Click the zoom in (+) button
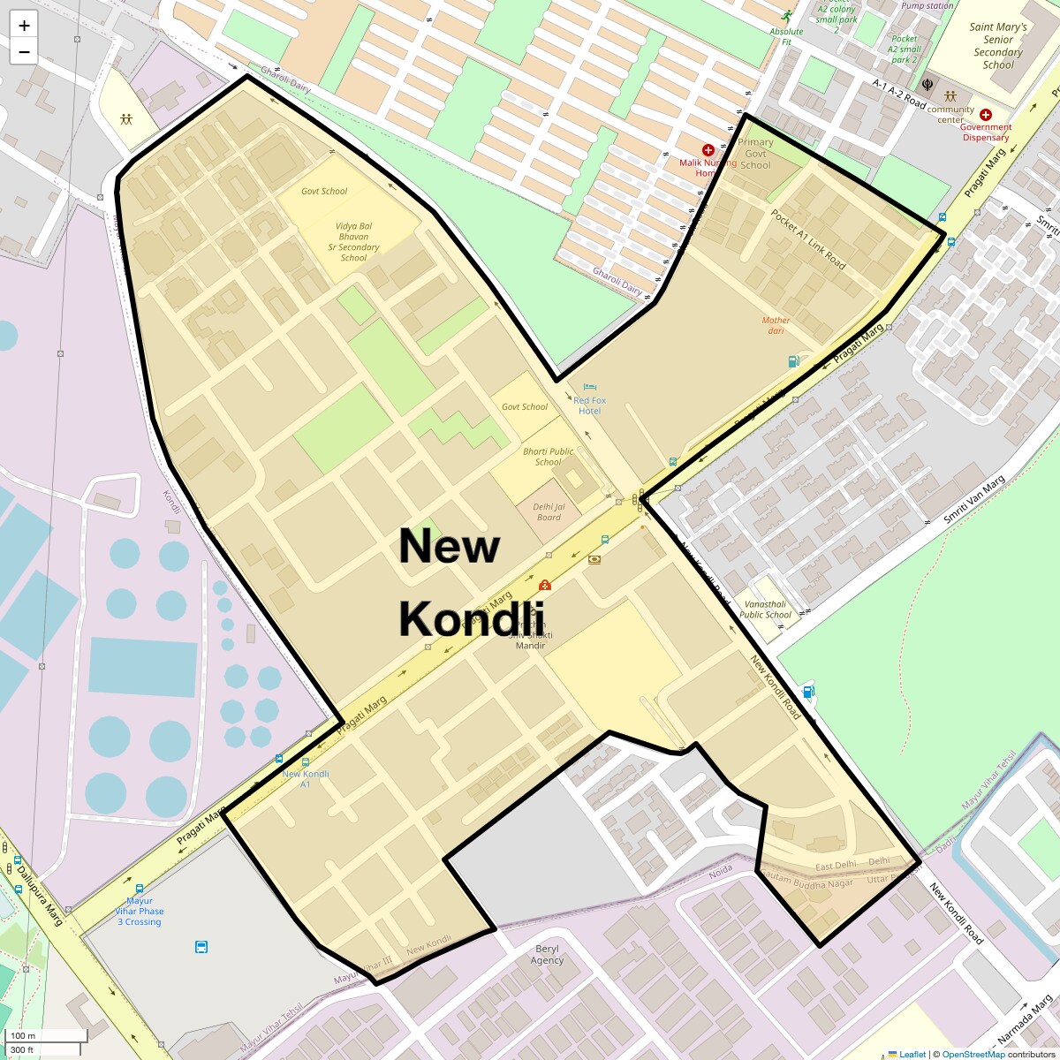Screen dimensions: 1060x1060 coord(24,26)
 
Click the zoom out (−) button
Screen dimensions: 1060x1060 coord(24,52)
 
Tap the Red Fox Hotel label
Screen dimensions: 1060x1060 coord(589,405)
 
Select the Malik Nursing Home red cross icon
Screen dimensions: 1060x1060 coord(708,151)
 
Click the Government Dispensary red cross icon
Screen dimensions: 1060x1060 coord(986,115)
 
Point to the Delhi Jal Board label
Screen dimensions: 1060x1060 coord(549,511)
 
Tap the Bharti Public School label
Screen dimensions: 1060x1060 coord(548,456)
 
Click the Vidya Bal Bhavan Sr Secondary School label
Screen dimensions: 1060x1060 coord(353,242)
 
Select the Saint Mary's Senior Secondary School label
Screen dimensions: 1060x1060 coord(998,46)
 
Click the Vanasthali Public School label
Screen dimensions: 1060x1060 coord(765,609)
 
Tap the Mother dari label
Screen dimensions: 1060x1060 coord(776,325)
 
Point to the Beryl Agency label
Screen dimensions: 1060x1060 coord(547,955)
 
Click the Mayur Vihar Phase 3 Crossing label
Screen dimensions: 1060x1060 coord(139,911)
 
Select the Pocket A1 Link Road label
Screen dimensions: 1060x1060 coord(807,239)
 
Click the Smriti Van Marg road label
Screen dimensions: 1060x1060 coord(974,500)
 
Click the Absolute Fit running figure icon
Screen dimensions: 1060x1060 coord(786,17)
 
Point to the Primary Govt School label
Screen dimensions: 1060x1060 coord(755,154)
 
